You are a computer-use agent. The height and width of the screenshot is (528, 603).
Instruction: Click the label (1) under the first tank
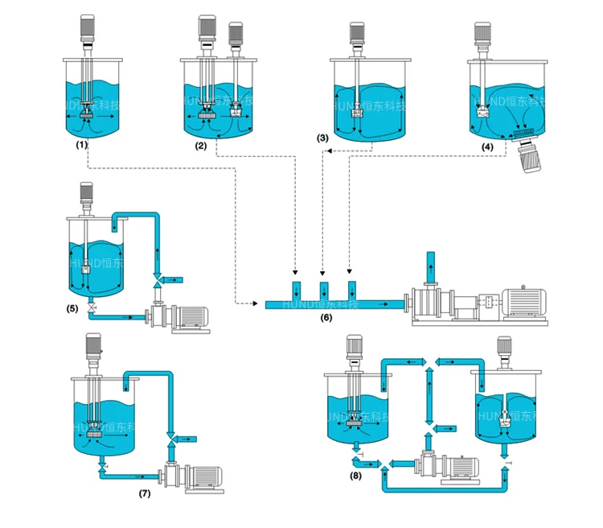(81, 145)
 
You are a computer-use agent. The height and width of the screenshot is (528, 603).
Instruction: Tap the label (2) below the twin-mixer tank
(200, 146)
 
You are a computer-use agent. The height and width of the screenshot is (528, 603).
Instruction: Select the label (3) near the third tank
(322, 139)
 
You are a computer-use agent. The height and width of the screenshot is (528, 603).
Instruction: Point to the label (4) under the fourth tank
(488, 146)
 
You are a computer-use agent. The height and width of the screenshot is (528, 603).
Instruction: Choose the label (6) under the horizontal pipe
(326, 317)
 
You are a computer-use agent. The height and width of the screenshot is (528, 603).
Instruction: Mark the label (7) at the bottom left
(145, 492)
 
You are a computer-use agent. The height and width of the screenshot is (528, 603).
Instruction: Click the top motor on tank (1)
(88, 29)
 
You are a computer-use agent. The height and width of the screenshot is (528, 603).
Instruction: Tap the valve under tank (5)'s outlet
(90, 308)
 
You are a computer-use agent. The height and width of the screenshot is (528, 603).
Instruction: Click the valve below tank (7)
(101, 468)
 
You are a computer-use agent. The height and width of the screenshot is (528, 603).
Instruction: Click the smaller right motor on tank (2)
(236, 34)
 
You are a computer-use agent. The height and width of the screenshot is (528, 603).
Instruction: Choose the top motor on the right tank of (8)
(505, 347)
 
